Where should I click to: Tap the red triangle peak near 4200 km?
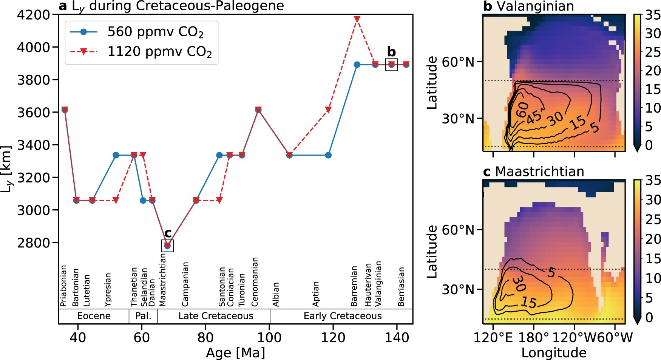357,19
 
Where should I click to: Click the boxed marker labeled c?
167,246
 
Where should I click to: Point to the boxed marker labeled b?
391,65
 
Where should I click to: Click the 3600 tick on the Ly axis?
34,112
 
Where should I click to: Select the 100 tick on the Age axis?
269,337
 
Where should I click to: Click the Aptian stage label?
316,294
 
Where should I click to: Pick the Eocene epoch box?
94,316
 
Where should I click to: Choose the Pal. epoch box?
143,316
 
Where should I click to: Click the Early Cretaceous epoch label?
343,316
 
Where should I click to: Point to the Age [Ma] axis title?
235,353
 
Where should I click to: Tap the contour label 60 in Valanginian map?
523,110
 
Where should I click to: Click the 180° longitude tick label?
534,337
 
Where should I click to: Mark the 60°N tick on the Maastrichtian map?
458,230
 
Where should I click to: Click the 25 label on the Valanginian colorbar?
652,52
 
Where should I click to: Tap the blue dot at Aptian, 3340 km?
328,155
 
